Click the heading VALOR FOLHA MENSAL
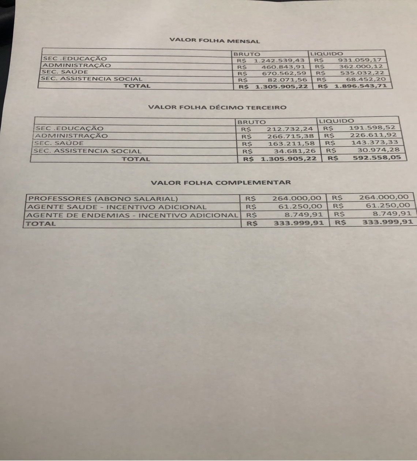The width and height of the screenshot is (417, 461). (x=215, y=40)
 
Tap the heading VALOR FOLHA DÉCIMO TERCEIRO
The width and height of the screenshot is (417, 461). (x=217, y=108)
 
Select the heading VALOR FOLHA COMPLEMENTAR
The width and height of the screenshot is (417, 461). (x=221, y=183)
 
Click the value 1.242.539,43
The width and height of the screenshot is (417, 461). (x=279, y=60)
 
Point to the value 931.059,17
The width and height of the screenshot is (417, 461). (x=360, y=60)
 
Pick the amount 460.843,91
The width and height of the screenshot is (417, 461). (x=283, y=67)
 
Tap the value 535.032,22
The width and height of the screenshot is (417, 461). (x=362, y=73)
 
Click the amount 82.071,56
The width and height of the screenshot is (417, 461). (x=287, y=79)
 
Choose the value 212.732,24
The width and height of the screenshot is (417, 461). (x=290, y=129)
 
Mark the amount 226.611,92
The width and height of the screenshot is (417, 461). (x=373, y=135)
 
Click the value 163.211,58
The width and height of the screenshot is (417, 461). (x=291, y=143)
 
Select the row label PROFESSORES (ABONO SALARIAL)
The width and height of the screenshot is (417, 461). (x=103, y=199)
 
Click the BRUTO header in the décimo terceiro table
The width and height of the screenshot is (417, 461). (x=252, y=122)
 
